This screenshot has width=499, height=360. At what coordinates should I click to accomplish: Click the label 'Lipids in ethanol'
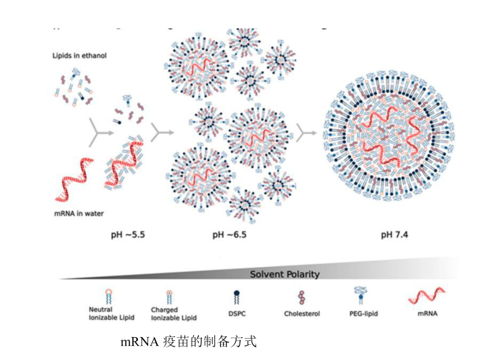[79, 56]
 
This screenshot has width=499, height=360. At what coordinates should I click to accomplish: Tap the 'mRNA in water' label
[79, 213]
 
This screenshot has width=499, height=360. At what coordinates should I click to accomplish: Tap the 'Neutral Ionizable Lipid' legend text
[100, 314]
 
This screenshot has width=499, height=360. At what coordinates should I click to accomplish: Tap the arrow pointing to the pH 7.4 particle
[306, 131]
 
